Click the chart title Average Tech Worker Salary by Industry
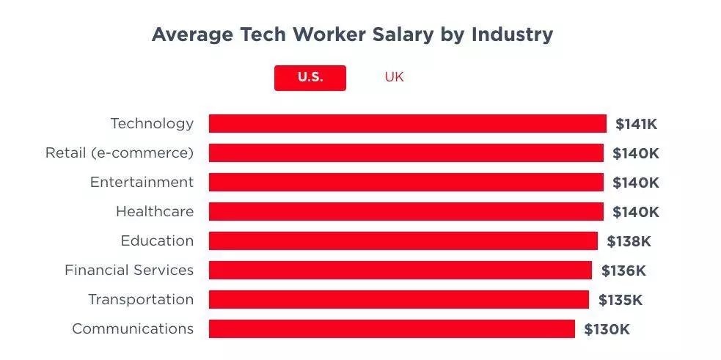[352, 34]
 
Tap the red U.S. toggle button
[310, 77]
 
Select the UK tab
[394, 77]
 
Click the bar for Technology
[407, 123]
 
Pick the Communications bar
[392, 328]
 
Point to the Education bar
[403, 240]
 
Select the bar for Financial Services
[400, 270]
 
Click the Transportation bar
[398, 299]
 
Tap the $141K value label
[636, 124]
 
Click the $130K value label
[607, 329]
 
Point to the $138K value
[629, 241]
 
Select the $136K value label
[623, 271]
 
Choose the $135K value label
[621, 300]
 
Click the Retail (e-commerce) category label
[120, 153]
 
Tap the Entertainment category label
[142, 182]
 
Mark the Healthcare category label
[155, 211]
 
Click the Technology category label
[152, 123]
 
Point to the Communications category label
[133, 328]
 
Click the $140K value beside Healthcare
[636, 212]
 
